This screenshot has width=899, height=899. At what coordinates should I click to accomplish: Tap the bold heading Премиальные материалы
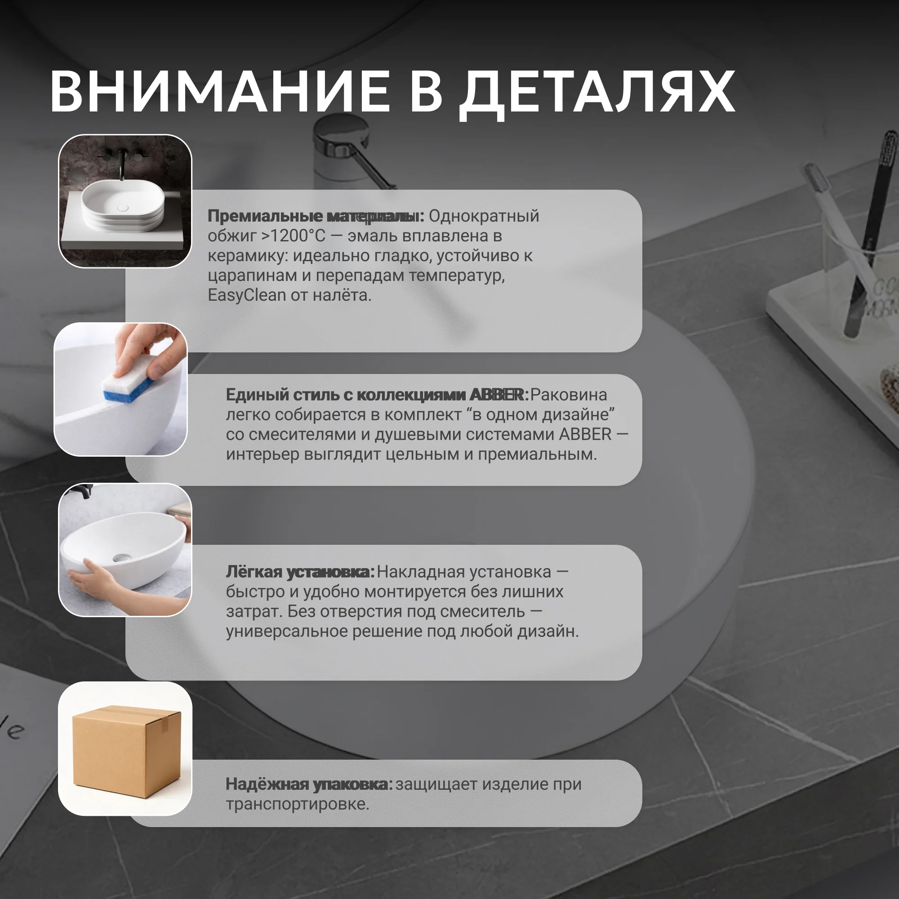pos(316,216)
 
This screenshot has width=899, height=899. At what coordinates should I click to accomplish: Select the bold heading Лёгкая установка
pos(300,572)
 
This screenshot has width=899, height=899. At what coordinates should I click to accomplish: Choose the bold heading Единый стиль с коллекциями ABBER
pos(377,395)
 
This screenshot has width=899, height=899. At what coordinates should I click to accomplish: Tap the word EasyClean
pos(247,295)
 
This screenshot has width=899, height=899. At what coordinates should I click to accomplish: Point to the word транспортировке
pos(297,804)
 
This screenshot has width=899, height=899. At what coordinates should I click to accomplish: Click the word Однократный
pos(484,216)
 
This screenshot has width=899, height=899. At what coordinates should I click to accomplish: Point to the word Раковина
pos(568,395)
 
